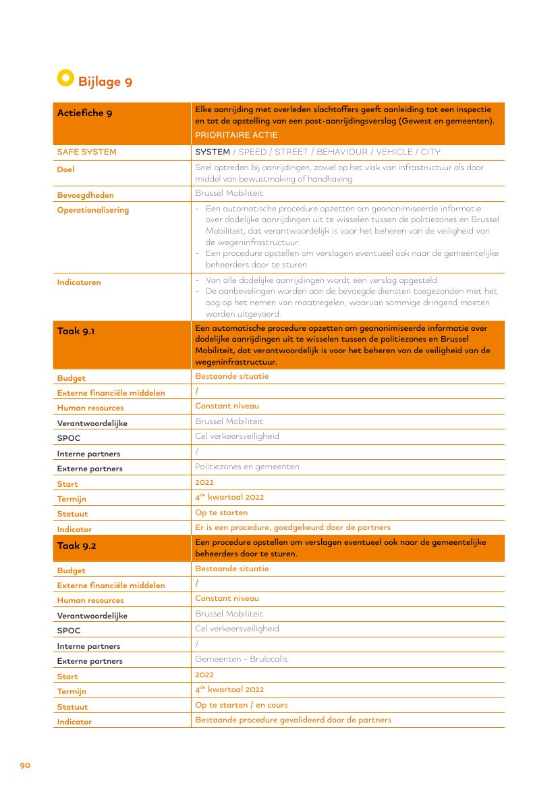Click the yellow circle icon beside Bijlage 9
(x=65, y=78)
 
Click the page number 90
(x=25, y=765)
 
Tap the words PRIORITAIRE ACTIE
(x=236, y=135)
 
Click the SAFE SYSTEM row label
(x=86, y=152)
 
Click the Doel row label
(x=65, y=169)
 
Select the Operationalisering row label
(x=92, y=210)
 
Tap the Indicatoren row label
(x=79, y=282)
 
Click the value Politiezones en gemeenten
(x=247, y=467)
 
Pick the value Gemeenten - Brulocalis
(x=241, y=659)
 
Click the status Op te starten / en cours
(x=242, y=705)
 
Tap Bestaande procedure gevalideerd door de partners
(x=293, y=720)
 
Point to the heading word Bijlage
(x=99, y=82)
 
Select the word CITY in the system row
(x=430, y=152)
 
